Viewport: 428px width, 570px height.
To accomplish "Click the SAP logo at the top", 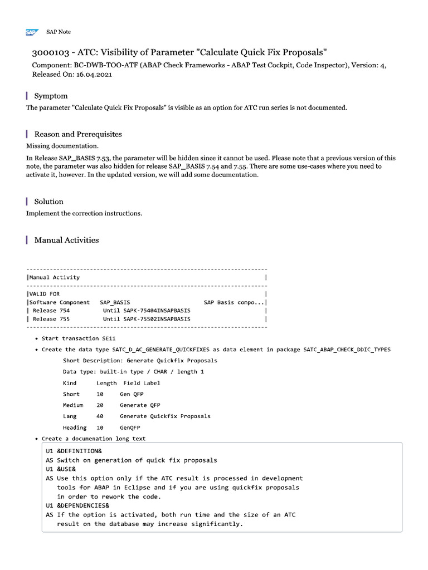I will [31, 32].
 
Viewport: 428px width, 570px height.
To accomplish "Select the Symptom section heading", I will [51, 96].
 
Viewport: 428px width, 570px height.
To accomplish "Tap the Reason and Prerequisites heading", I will [78, 134].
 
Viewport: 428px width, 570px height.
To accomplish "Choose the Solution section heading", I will [49, 202].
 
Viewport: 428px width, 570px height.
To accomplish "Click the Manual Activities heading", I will [66, 240].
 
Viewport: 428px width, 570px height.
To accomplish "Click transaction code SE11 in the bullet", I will [109, 338].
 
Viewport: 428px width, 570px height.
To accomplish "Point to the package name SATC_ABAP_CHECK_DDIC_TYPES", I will [347, 350].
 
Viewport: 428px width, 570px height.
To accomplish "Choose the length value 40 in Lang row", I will [100, 416].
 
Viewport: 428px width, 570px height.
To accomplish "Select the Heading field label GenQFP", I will [130, 427].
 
